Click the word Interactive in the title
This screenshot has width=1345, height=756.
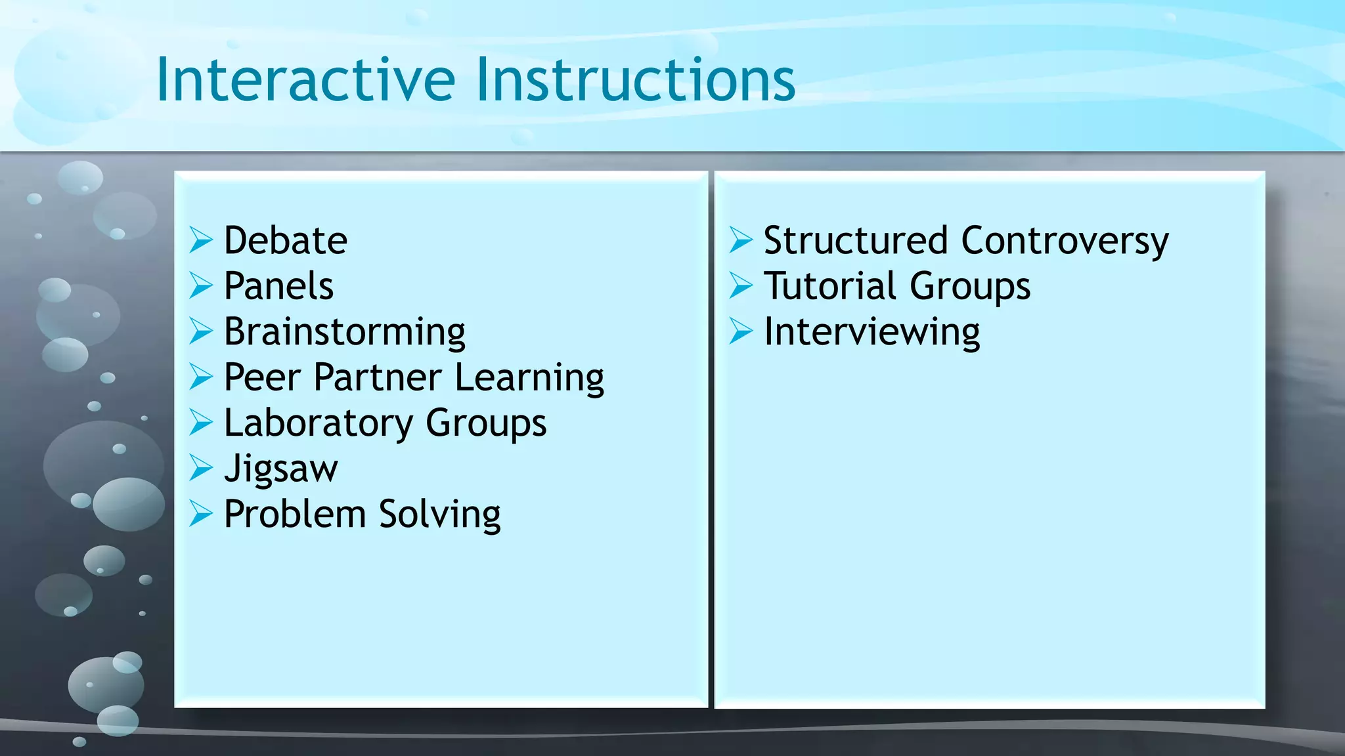click(305, 80)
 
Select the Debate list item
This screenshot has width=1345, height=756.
click(285, 240)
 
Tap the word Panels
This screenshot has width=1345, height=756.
click(278, 286)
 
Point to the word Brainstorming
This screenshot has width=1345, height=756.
click(344, 331)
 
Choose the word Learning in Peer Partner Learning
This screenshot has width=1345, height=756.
click(529, 379)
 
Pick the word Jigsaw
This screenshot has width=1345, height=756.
click(280, 469)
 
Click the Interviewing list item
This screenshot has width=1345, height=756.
click(871, 331)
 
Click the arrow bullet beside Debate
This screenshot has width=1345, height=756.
click(201, 240)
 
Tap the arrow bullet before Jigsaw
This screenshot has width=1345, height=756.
click(201, 468)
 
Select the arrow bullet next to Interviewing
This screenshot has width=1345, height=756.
click(741, 331)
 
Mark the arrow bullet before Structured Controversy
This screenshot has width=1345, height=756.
click(741, 240)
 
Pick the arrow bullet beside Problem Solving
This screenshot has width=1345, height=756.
click(201, 514)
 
